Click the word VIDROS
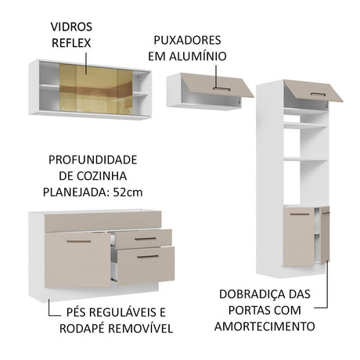[x=71, y=27]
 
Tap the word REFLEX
[x=71, y=43]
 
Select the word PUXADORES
[x=187, y=40]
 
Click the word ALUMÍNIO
[x=198, y=56]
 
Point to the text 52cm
[x=128, y=193]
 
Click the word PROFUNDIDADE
[x=93, y=160]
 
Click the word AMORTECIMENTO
[x=265, y=326]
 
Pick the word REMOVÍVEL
[x=140, y=329]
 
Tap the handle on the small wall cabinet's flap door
[x=221, y=89]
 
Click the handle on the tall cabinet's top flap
[x=318, y=94]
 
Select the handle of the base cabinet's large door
[x=78, y=241]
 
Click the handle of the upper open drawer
[x=145, y=239]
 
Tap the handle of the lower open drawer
[x=148, y=257]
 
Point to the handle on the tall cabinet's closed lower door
[x=300, y=214]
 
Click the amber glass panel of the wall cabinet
[x=96, y=89]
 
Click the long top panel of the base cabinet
[x=103, y=221]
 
